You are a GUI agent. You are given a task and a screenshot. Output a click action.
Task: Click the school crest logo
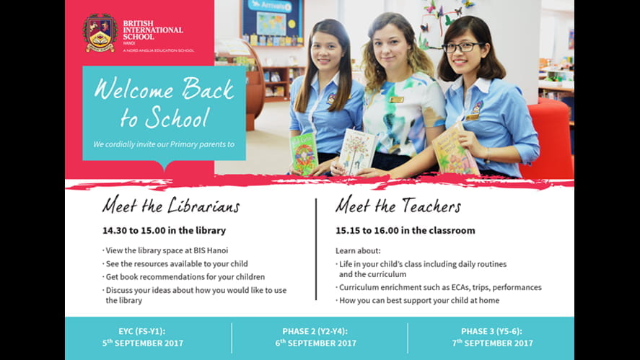[100, 32]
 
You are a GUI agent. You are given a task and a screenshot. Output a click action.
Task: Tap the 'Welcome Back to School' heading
[164, 102]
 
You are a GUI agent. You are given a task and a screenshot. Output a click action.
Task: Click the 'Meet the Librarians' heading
[170, 206]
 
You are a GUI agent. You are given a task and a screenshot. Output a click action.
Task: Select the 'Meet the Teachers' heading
[398, 206]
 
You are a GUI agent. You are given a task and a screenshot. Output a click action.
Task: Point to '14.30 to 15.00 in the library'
[164, 231]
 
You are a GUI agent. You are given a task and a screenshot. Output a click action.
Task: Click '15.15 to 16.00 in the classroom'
[405, 231]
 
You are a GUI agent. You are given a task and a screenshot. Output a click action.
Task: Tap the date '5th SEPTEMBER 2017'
[143, 343]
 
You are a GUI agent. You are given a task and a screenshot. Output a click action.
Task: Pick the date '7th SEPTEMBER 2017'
[493, 343]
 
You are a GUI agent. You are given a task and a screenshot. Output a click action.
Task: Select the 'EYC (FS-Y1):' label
[143, 331]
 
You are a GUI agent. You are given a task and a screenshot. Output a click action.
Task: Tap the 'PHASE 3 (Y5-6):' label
[493, 331]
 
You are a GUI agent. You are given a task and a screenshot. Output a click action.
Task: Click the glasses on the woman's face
[462, 47]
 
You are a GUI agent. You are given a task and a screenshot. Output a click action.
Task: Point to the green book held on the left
[303, 152]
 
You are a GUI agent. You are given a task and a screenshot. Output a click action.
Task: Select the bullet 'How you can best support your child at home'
[418, 300]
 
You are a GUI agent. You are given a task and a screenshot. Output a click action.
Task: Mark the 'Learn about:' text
[355, 251]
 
